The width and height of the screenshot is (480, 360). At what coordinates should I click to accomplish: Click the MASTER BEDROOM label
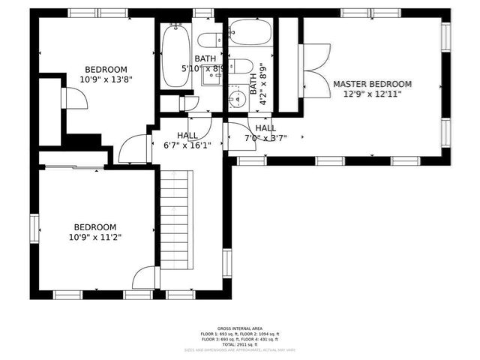pos(372,84)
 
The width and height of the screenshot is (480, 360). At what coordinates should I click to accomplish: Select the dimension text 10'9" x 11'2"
pos(94,237)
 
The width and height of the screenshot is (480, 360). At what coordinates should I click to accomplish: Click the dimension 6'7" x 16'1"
pos(187,145)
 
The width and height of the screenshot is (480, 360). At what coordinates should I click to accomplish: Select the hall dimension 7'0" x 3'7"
pos(265,138)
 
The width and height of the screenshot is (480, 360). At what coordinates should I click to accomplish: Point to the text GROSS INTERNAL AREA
pos(239,328)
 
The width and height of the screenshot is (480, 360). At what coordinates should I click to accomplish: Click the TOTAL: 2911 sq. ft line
pos(239,343)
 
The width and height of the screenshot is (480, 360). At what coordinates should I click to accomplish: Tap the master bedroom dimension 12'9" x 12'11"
pos(372,94)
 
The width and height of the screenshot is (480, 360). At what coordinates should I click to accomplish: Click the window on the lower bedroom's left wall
pos(34,227)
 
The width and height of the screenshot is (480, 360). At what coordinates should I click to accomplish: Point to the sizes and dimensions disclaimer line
pos(239,349)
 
